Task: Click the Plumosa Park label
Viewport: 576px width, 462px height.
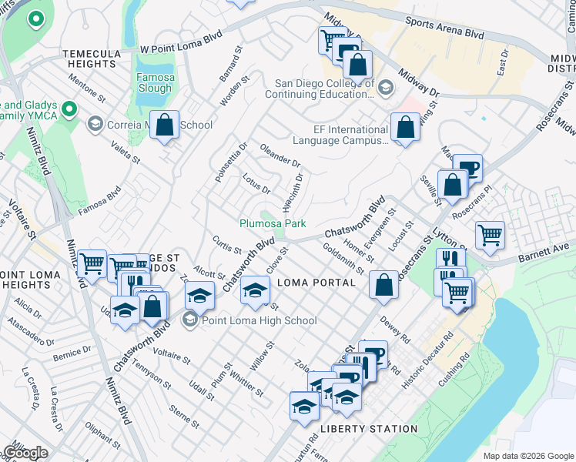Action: (272, 223)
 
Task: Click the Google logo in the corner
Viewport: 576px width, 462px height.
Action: (25, 453)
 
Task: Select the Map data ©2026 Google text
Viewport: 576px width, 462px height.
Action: (527, 455)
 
